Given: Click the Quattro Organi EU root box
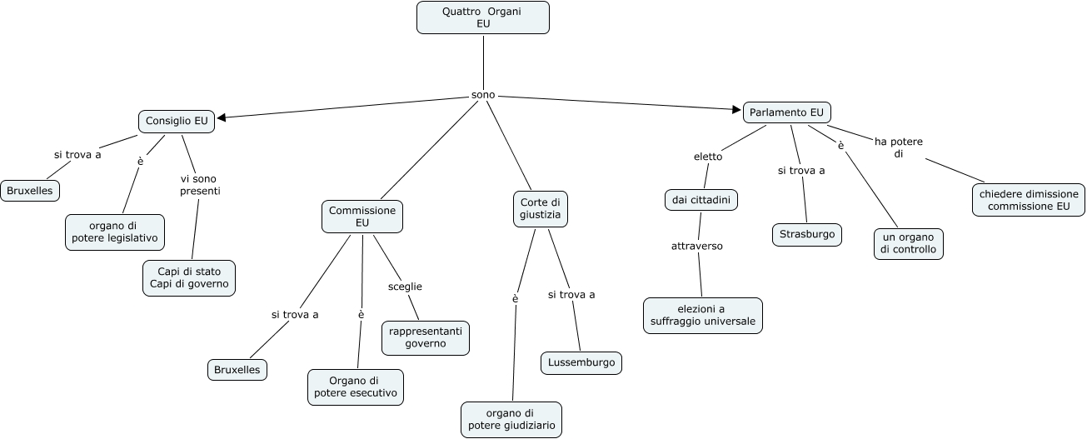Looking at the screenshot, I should click(483, 17).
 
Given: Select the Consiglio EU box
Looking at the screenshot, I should click(177, 121).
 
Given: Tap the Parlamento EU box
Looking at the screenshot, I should click(786, 112).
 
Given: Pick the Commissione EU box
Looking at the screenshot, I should click(362, 217).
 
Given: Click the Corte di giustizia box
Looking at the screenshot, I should click(540, 209).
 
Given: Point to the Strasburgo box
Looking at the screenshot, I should click(807, 235).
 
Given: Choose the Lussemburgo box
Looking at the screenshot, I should click(581, 363).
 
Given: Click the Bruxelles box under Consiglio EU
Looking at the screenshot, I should click(30, 191).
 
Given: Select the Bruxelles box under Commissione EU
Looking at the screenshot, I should click(237, 369).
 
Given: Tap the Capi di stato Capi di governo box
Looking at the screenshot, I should click(188, 278).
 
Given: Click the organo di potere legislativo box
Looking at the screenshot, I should click(114, 232).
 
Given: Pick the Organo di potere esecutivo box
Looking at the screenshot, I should click(356, 388).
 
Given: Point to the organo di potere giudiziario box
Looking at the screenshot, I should click(511, 420).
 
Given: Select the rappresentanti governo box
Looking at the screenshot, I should click(426, 337).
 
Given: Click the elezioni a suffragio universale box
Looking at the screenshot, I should click(703, 316).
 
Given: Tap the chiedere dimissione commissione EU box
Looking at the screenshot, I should click(1029, 200).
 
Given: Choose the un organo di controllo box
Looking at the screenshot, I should click(908, 243).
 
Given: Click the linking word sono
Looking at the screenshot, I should click(483, 95).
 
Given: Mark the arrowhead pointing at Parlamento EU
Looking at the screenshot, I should click(737, 109).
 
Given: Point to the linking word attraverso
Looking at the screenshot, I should click(697, 247).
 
